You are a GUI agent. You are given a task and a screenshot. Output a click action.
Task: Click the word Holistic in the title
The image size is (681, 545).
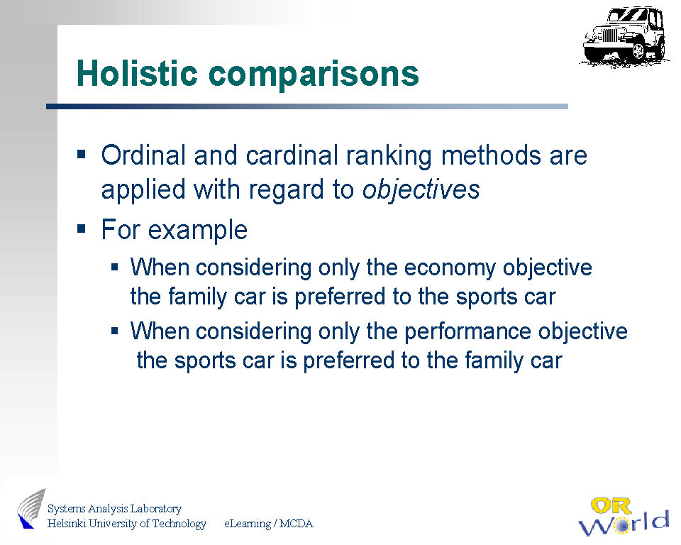coord(137,73)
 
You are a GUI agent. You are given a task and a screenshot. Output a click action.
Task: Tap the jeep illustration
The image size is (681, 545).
coord(624,36)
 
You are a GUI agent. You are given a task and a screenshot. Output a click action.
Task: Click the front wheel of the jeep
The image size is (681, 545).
coord(638,51)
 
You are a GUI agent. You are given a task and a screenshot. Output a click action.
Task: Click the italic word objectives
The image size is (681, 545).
coord(421,190)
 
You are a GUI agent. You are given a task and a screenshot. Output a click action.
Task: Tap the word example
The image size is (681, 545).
coord(198,231)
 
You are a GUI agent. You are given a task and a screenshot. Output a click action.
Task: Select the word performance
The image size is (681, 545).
coord(467,331)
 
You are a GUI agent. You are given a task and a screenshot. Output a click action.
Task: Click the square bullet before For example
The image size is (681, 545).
coord(81,229)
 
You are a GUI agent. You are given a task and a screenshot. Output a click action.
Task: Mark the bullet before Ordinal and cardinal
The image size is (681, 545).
coord(81,154)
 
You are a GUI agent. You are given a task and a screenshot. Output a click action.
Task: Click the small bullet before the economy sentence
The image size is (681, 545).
coord(115,267)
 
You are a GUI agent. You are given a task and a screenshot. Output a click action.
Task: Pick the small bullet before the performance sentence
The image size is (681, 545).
coord(115,331)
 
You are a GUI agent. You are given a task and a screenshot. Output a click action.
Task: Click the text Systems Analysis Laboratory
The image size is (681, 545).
coord(114,509)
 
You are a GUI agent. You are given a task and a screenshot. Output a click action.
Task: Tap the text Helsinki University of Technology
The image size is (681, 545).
coord(127,523)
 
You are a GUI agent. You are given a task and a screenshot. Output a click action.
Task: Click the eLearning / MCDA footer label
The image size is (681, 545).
coord(268,524)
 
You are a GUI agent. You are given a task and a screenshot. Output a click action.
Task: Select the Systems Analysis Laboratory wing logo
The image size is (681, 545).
coord(31,509)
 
